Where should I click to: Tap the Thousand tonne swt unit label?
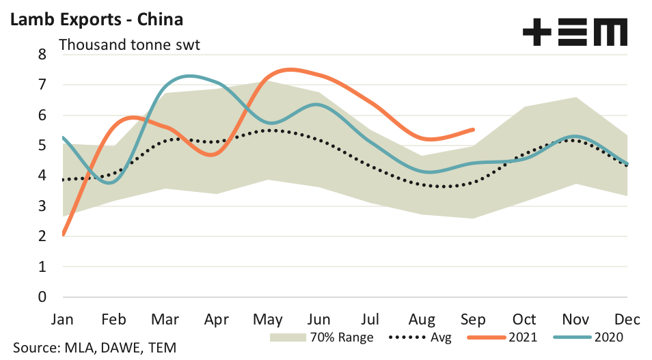pos(130,46)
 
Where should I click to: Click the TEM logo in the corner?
pos(574,32)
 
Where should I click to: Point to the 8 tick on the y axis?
pos(42,55)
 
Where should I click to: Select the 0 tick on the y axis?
pos(42,297)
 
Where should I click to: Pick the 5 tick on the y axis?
pos(42,146)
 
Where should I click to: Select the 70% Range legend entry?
pos(321,337)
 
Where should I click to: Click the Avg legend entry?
pos(420,337)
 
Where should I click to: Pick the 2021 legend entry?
pos(503,337)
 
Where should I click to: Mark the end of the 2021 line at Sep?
pos(474,129)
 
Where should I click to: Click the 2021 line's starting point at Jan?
pos(63,235)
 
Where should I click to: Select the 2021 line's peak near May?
pos(290,69)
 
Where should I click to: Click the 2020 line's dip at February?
pos(111,182)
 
